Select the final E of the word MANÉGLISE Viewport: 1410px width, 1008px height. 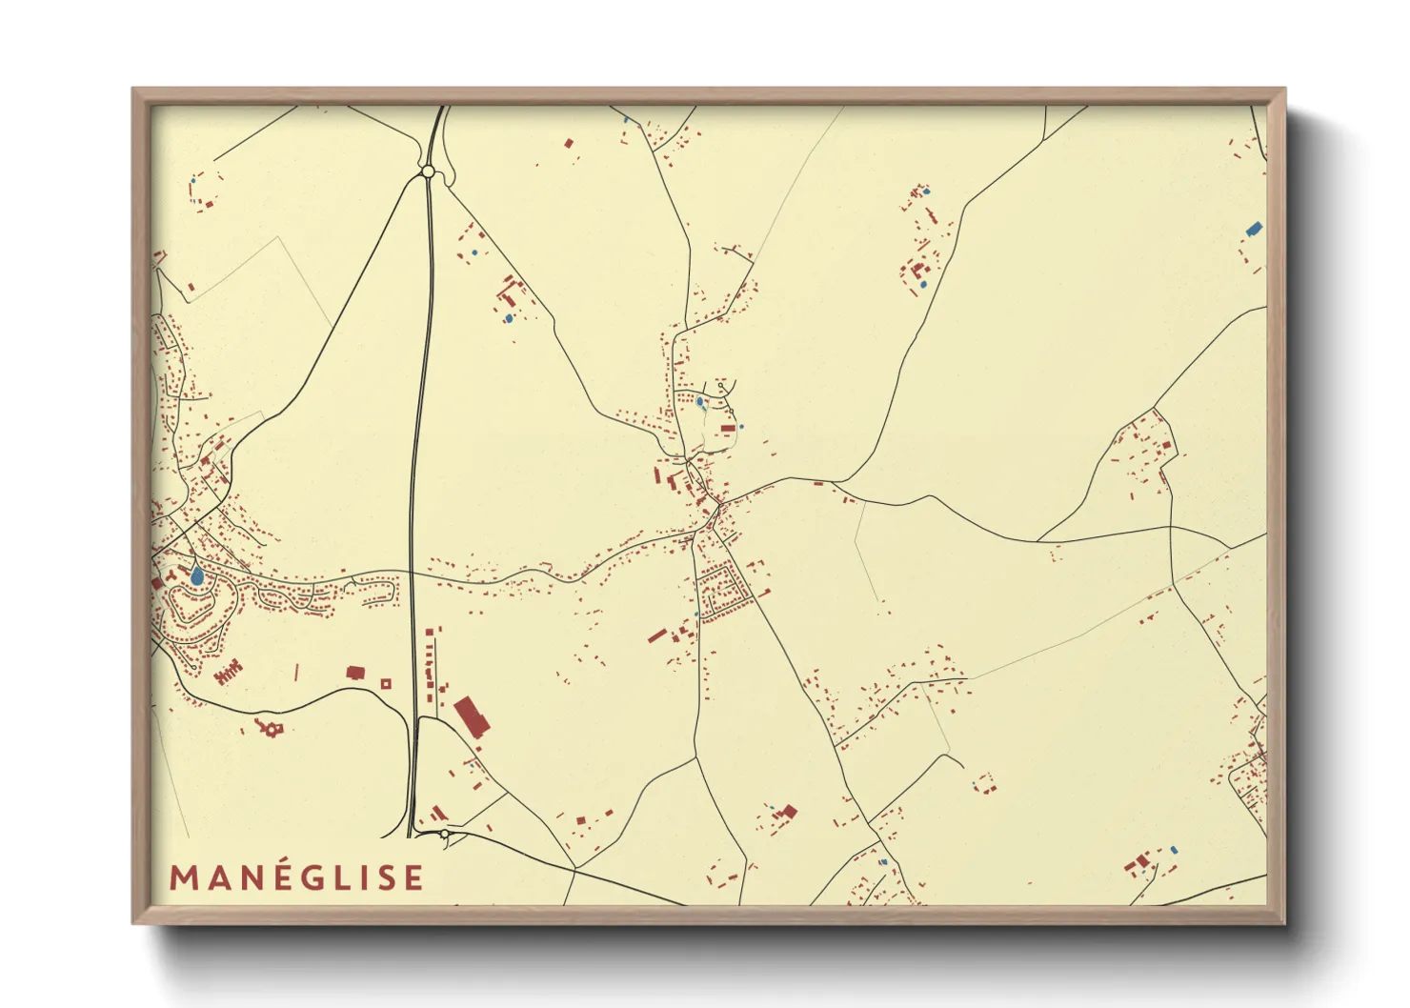coord(413,877)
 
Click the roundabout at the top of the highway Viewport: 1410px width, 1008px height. coord(428,171)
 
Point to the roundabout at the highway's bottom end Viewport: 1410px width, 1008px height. coord(445,835)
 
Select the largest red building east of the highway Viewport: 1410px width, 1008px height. coord(471,716)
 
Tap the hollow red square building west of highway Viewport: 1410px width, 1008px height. coord(386,683)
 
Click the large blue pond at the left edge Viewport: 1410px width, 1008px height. coord(196,575)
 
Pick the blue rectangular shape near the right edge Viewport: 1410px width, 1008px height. coord(1254,229)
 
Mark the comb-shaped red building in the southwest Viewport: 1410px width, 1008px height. coord(228,674)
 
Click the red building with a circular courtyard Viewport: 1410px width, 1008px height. coord(269,729)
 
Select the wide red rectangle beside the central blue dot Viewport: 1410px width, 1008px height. coord(728,430)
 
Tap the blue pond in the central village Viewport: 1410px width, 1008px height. coord(700,402)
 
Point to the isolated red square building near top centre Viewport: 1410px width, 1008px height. coord(569,144)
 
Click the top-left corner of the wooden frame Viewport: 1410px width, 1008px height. coord(133,90)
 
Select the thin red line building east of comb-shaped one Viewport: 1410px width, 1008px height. coord(296,673)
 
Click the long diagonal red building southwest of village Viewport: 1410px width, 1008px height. coord(656,635)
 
